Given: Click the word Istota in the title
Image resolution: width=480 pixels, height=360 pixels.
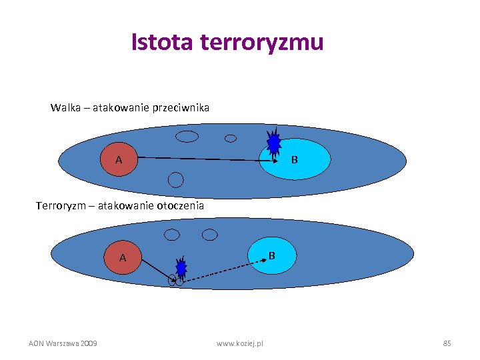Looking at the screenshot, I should (x=161, y=42).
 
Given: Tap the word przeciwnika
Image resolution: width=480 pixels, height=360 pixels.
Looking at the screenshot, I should (x=180, y=107).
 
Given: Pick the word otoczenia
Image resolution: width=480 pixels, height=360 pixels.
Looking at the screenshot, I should (x=180, y=206).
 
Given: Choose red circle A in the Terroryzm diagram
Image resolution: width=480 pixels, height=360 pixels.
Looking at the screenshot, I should (x=123, y=257).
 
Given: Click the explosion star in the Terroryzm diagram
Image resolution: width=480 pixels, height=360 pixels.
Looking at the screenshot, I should (x=181, y=268).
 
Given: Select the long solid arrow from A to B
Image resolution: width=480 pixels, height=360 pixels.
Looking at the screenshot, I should (x=207, y=159).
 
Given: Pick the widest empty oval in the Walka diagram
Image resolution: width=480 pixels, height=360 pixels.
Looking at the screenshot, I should (x=187, y=137).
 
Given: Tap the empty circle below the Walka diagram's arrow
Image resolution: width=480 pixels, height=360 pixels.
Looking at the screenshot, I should (x=175, y=179).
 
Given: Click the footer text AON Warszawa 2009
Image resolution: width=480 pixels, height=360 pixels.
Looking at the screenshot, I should (x=63, y=343).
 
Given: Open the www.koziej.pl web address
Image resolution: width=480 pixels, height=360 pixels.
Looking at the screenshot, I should (x=240, y=343).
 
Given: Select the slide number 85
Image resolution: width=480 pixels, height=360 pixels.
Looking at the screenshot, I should (x=447, y=343).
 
